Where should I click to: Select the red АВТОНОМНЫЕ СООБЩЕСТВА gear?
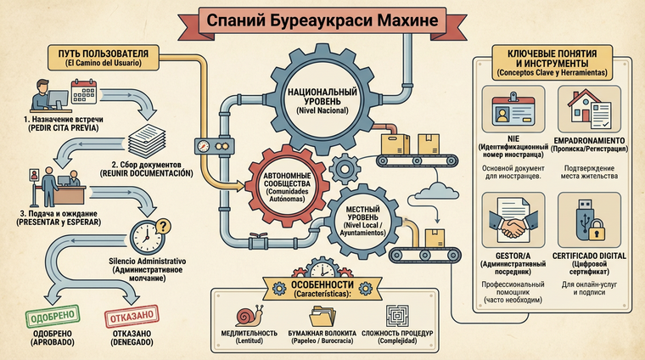283,181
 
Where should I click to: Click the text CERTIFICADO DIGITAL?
589,256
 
